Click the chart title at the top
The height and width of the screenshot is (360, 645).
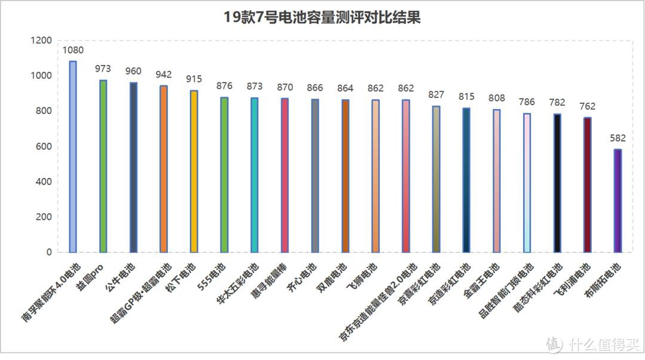pos(322,17)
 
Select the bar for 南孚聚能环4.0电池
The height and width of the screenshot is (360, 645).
pos(73,156)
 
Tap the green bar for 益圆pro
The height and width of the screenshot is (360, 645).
pos(103,166)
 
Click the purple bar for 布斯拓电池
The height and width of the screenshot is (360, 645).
pos(618,201)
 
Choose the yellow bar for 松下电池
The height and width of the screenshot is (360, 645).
pos(194,171)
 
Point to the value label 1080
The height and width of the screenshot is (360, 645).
pos(73,50)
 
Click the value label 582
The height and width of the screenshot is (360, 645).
pos(618,139)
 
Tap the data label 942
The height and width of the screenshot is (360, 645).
pos(164,75)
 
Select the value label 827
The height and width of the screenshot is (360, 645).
pos(436,95)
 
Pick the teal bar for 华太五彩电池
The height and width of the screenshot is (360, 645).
pos(254,175)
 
